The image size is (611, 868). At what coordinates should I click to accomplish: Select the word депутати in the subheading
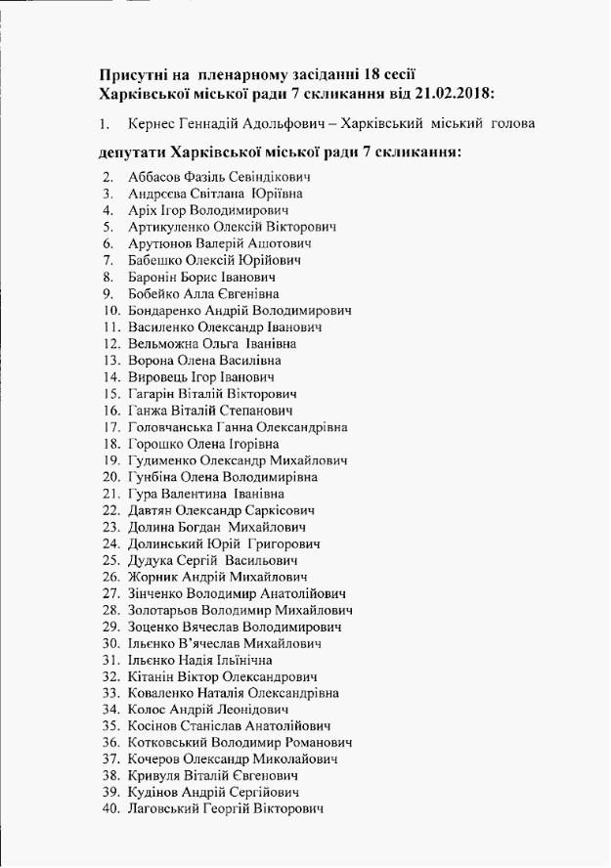(132, 153)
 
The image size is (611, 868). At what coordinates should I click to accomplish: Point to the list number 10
(110, 311)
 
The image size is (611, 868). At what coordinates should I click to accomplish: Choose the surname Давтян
(150, 510)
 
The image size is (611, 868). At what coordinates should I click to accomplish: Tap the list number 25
(110, 560)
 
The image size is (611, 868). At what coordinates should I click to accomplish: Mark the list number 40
(110, 808)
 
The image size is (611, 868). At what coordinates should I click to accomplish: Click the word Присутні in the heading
(135, 75)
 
